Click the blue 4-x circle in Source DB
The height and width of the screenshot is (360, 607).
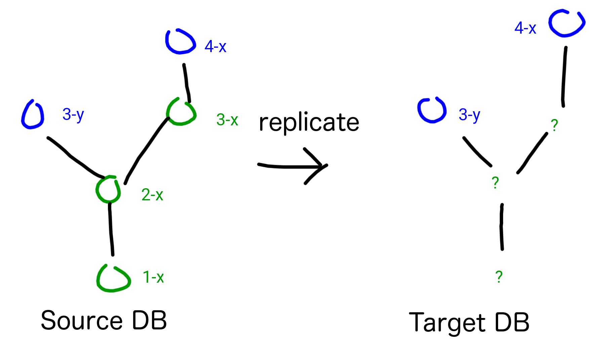coord(180,42)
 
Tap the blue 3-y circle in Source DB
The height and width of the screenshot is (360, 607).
coord(33,115)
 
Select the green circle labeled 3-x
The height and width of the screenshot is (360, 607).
coord(181,112)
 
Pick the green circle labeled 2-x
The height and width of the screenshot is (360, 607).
coord(108,190)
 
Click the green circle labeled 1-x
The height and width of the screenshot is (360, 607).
coord(113,279)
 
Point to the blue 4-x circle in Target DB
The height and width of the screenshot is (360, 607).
coord(567,23)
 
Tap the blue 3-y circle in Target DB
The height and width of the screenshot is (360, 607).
coord(432,110)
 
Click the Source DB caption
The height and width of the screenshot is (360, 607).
coord(104,320)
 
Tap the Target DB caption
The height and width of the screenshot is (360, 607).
coord(469,322)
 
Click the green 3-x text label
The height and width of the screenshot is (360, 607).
coord(227,120)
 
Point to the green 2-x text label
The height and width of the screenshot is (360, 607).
coord(152,195)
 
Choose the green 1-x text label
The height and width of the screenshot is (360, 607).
coord(153,277)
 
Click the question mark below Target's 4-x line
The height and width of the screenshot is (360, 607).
coord(554,125)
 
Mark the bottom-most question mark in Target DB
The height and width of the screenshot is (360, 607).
coord(499,277)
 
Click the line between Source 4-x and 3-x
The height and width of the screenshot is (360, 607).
coord(187,83)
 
